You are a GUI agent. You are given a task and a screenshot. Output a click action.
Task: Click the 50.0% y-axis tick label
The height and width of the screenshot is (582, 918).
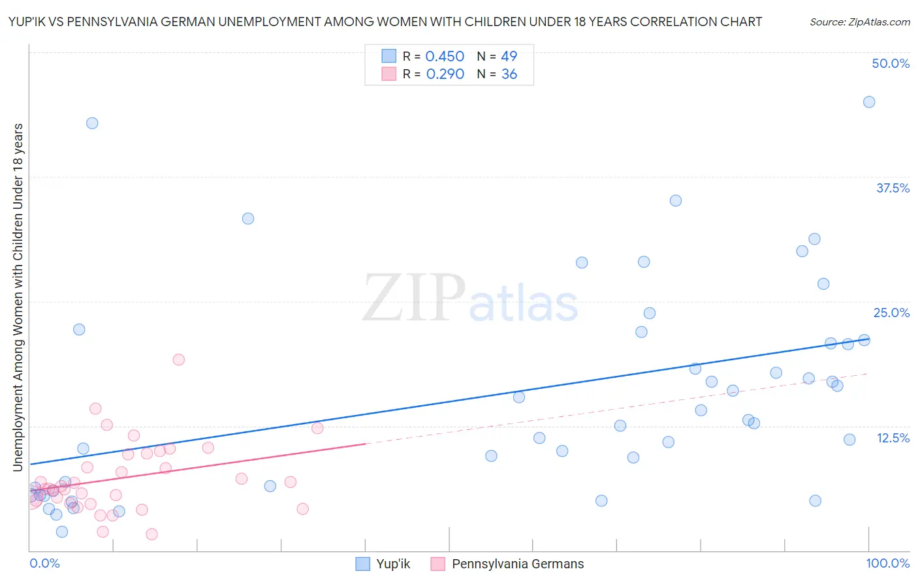(891, 63)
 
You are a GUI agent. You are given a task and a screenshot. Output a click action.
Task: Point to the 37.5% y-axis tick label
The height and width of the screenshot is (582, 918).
(893, 188)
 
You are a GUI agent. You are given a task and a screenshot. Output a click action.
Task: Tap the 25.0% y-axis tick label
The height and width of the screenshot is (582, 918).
(891, 313)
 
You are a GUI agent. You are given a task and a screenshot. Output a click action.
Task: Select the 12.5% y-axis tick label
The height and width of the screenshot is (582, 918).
(893, 438)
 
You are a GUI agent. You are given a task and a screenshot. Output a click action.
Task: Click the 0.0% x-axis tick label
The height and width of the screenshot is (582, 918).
(44, 563)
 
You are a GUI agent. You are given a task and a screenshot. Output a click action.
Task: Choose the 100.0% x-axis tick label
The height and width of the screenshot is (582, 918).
(887, 563)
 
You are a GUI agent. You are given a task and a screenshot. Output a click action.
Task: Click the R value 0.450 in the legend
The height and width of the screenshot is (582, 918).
(445, 56)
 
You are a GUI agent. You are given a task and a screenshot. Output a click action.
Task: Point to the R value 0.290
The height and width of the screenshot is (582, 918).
(445, 74)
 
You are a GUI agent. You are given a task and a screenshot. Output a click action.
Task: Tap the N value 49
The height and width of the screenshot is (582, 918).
(509, 56)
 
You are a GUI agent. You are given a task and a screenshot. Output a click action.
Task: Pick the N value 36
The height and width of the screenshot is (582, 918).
(509, 74)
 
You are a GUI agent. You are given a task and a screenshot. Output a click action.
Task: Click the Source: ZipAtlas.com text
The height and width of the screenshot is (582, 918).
(859, 22)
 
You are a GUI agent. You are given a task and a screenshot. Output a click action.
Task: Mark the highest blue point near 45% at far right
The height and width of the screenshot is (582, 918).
(869, 102)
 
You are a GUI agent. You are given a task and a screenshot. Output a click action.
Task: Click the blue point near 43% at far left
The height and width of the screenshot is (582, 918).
(92, 123)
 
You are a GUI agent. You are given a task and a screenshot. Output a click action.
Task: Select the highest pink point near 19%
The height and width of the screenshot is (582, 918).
(178, 360)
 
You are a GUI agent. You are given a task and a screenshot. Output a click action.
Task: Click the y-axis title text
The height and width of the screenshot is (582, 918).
(18, 297)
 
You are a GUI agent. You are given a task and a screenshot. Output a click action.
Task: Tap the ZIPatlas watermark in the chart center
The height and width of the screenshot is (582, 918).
(470, 299)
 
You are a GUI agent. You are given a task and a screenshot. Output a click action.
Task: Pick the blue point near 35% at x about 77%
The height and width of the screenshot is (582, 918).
(676, 200)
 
